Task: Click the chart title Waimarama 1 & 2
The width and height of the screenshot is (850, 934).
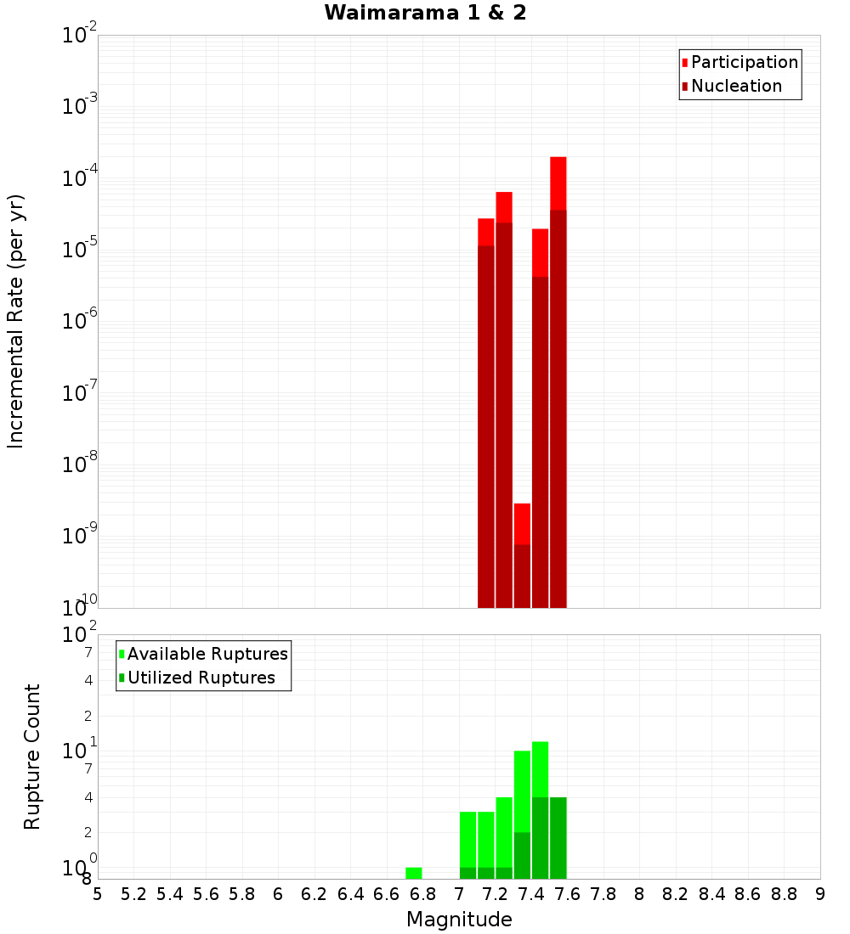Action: (425, 14)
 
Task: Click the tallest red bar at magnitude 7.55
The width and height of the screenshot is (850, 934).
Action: (558, 382)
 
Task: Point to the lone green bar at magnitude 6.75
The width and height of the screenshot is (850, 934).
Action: (414, 873)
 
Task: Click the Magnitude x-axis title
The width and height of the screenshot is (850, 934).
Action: (459, 920)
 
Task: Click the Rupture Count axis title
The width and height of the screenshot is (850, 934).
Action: (32, 757)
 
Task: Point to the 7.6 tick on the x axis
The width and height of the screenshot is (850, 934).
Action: (567, 894)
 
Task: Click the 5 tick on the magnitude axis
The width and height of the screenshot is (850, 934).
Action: (98, 894)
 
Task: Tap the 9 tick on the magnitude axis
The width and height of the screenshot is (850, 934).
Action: (820, 894)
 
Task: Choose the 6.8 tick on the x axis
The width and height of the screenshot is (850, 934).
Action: (422, 894)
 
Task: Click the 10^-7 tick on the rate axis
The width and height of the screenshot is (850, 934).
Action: (80, 394)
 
